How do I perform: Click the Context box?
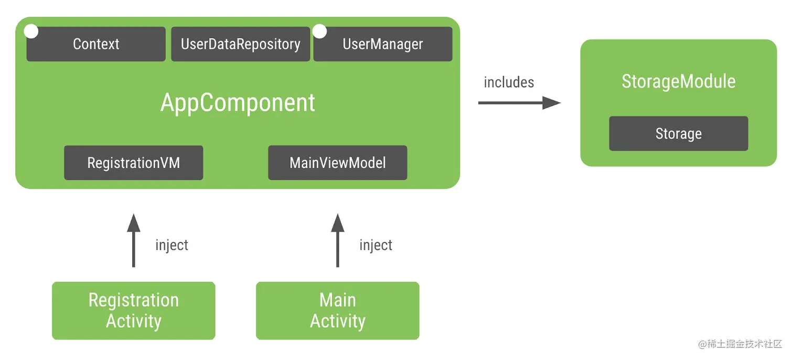pos(96,44)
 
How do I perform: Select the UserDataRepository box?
pos(240,44)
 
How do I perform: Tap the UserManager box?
pos(382,44)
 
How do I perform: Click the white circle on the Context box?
pos(31,31)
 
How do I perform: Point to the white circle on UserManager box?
pos(319,31)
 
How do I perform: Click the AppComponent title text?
pos(238,103)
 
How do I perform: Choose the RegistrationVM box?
pos(133,163)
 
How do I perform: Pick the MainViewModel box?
pos(337,163)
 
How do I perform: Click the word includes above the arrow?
pos(509,82)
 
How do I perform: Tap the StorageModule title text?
pos(678,82)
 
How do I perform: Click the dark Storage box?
pos(678,134)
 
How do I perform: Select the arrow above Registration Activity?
pos(134,240)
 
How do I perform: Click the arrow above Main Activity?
pos(338,240)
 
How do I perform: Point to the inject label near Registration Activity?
pos(172,245)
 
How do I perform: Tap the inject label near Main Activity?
pos(376,245)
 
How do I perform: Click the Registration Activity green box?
pos(133,311)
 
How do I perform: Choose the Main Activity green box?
pos(337,311)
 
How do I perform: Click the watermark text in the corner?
pos(740,344)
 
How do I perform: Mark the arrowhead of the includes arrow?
pos(551,103)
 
